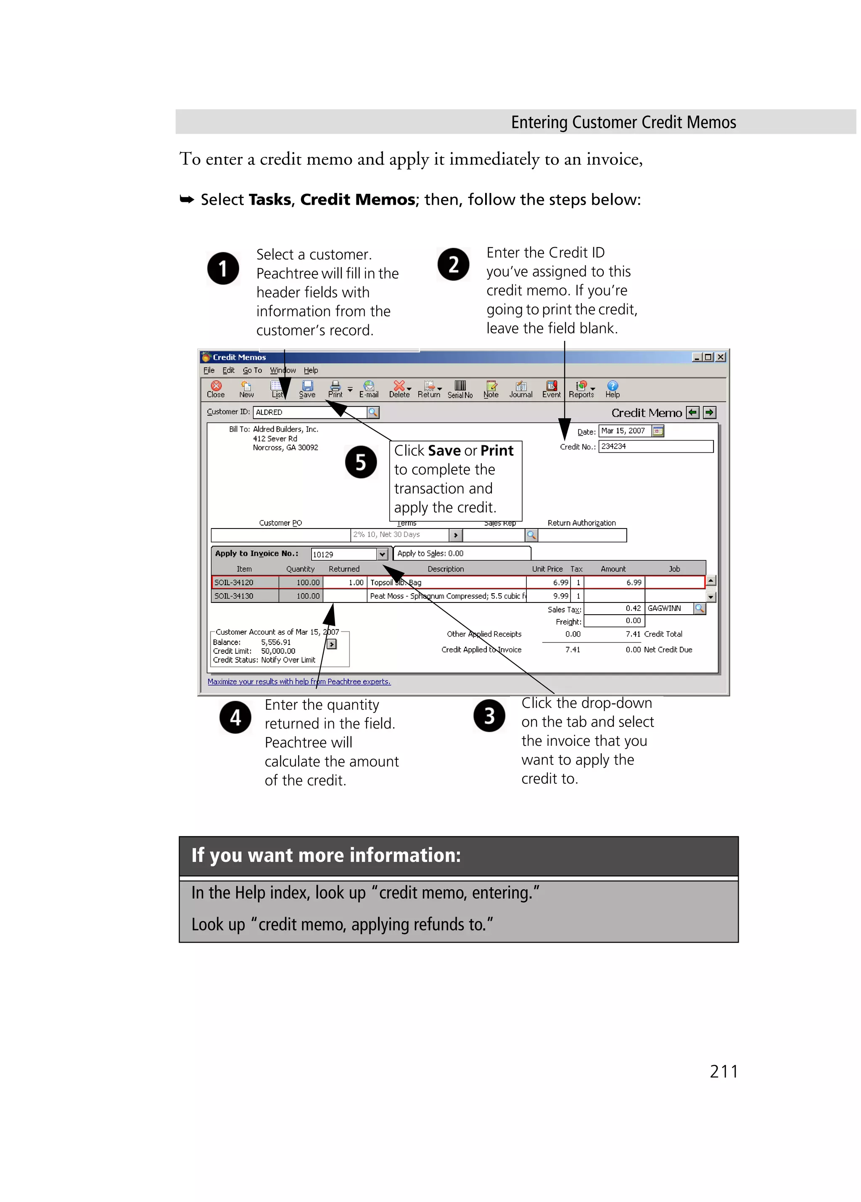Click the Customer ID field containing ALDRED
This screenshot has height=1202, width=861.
point(309,412)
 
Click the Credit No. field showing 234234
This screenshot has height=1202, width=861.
point(655,446)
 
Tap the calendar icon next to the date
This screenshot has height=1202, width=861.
point(658,431)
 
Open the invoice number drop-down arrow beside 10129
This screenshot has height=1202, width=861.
point(382,555)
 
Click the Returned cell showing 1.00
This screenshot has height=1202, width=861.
point(344,582)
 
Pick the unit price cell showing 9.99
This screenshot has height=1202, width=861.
point(548,596)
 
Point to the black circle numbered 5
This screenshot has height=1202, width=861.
point(361,462)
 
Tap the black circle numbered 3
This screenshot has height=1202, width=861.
point(489,716)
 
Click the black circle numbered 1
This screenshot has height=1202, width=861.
point(223,268)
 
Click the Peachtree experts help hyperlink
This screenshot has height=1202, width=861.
point(299,682)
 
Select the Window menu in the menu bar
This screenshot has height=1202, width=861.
point(283,370)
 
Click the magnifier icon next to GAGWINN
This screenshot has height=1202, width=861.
point(700,608)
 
